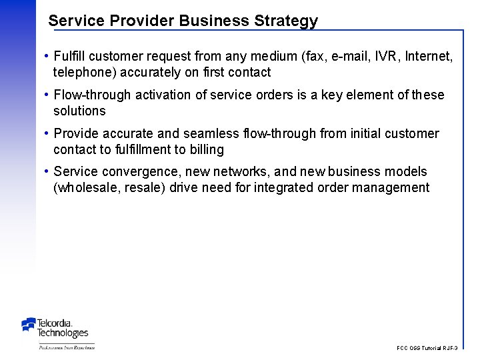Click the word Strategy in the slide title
pos(286,21)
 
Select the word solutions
pos(79,111)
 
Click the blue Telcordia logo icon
pos(29,325)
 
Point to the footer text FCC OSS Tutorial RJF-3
pos(427,348)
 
